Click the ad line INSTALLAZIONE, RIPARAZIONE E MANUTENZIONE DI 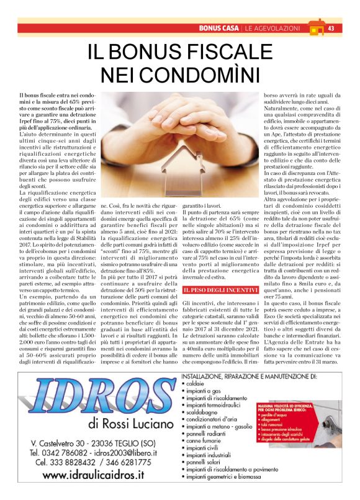click(x=248, y=376)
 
